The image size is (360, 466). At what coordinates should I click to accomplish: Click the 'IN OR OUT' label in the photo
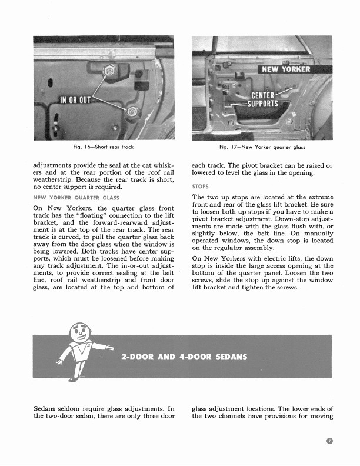(76, 99)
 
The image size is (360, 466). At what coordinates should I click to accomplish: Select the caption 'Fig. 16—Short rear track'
(104, 147)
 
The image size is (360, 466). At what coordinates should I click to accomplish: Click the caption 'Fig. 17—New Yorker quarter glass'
(262, 147)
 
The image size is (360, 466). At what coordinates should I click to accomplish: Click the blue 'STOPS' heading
(201, 187)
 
